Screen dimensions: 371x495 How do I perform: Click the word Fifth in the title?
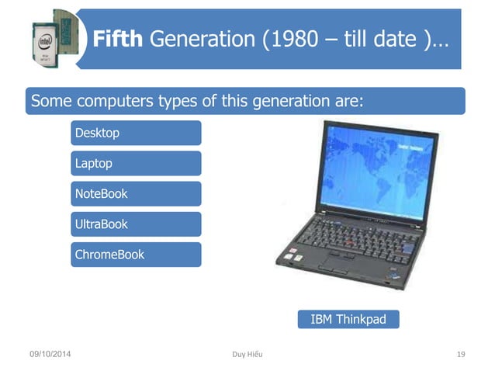pyautogui.click(x=117, y=39)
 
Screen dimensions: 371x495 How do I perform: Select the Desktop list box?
pyautogui.click(x=136, y=133)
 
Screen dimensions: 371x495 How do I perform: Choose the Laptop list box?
pyautogui.click(x=136, y=163)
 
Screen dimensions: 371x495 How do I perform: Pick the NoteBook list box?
pyautogui.click(x=136, y=193)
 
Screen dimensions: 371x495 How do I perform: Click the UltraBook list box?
pyautogui.click(x=136, y=224)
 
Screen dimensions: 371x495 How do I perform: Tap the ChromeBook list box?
pyautogui.click(x=136, y=254)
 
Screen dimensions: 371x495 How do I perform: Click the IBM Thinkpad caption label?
pyautogui.click(x=348, y=319)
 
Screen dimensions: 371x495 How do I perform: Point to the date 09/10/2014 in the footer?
pyautogui.click(x=50, y=355)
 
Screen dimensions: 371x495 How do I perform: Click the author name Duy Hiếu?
pyautogui.click(x=247, y=355)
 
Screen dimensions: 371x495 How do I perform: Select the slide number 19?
pyautogui.click(x=461, y=355)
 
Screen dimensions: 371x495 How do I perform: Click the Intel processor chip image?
pyautogui.click(x=54, y=39)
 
